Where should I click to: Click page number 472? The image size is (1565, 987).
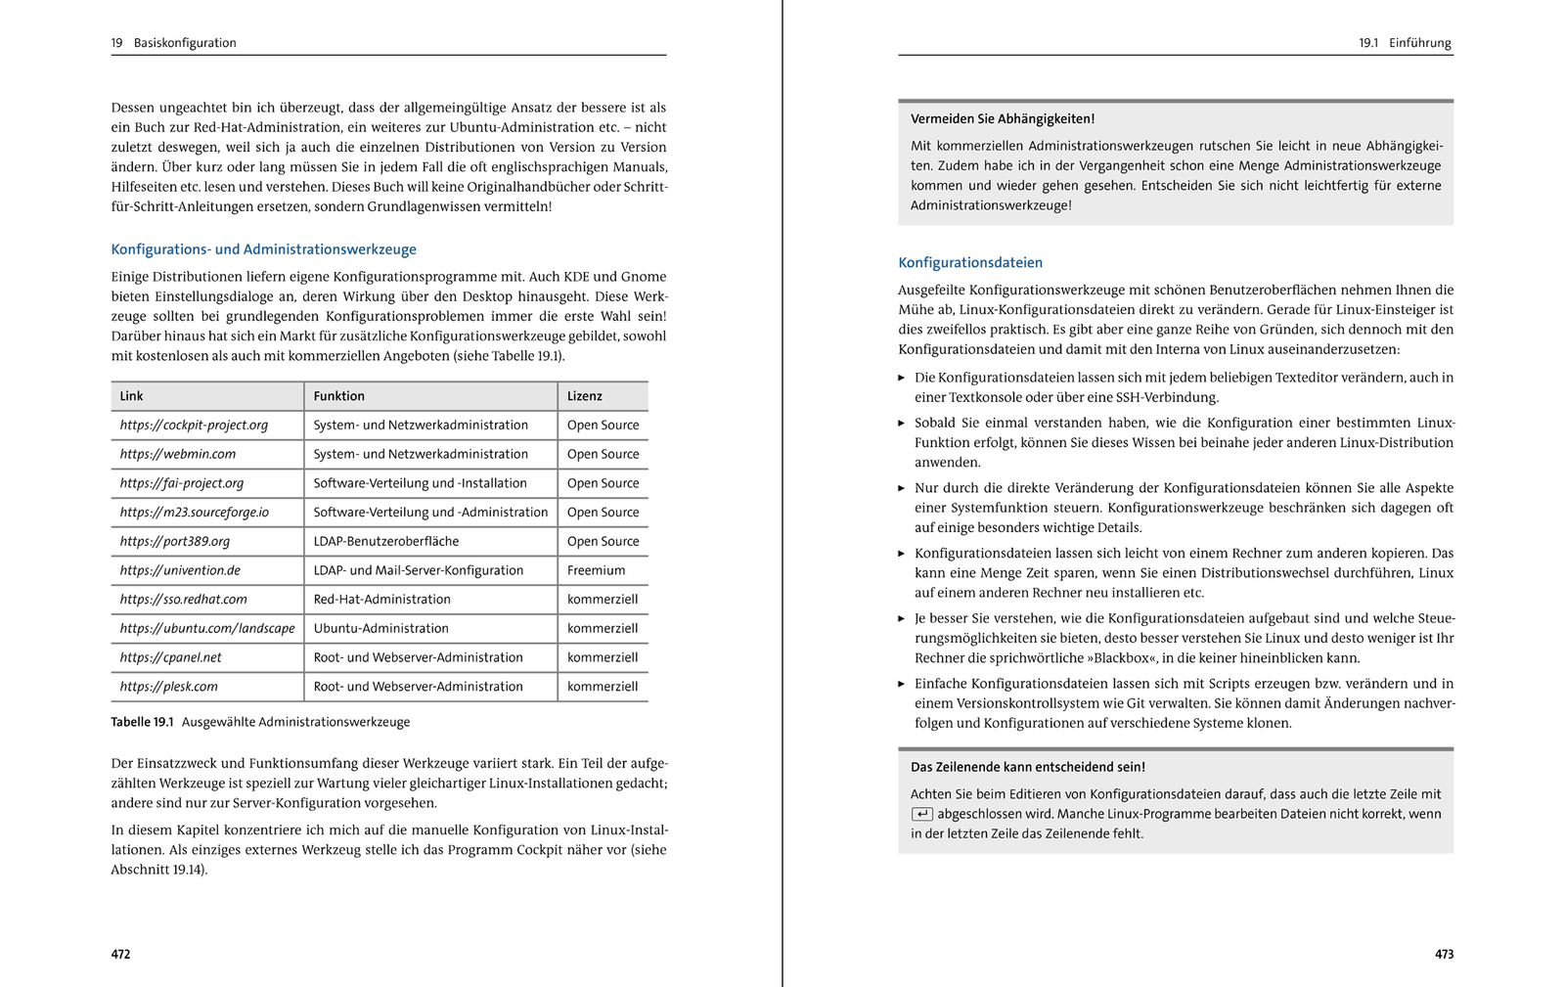pos(120,954)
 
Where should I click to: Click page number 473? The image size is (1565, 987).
pos(1444,954)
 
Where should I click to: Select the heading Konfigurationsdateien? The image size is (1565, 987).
pos(970,262)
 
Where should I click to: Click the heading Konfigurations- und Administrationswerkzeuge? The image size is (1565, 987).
pos(263,249)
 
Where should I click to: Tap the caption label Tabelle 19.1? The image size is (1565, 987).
pos(142,722)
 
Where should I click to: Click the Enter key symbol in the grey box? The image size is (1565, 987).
pos(921,814)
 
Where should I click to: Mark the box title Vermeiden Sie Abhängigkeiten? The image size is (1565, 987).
pos(1003,119)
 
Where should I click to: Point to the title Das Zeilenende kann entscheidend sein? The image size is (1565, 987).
pos(1027,767)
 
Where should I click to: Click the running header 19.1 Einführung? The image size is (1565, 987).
pos(1405,43)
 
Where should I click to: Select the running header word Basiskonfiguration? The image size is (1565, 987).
pos(185,43)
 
